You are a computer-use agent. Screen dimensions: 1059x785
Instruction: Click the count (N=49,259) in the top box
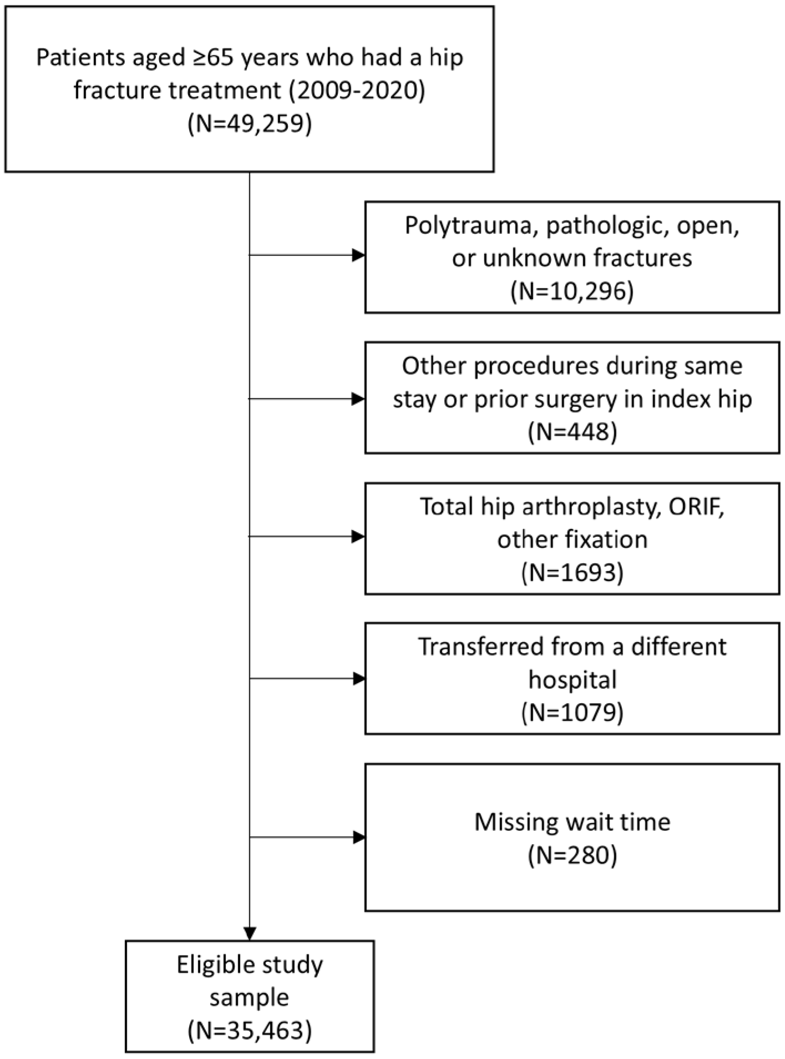[250, 123]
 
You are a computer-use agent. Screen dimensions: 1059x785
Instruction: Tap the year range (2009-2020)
[357, 90]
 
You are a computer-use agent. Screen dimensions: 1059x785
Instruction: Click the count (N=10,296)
[572, 291]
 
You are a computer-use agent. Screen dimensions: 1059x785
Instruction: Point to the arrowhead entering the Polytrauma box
[358, 255]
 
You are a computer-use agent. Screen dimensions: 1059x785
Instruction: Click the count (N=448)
[572, 432]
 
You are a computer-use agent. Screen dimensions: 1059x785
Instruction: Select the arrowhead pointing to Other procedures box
[358, 399]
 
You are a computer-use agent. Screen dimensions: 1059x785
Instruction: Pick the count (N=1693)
[572, 572]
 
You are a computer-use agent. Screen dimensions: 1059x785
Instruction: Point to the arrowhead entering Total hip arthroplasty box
[358, 537]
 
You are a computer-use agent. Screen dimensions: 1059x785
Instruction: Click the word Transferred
[478, 647]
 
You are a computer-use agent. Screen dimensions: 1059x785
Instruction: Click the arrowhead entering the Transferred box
[358, 679]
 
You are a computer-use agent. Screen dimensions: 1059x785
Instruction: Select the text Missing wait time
[572, 822]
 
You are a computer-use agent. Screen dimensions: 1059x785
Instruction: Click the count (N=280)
[572, 855]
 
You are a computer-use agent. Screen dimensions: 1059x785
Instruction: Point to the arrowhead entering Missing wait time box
[358, 837]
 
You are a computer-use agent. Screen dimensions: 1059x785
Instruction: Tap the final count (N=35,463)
[250, 1031]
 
